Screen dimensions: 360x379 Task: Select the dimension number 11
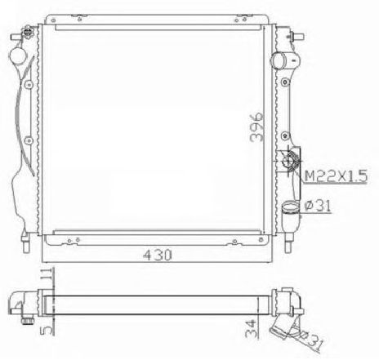click(51, 275)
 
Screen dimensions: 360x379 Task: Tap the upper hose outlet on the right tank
click(280, 60)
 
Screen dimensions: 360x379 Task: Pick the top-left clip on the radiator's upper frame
click(56, 16)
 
